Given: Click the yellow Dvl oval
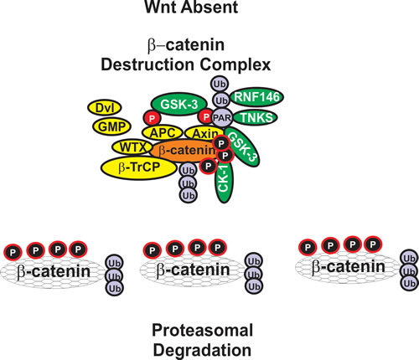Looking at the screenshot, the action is (x=105, y=108).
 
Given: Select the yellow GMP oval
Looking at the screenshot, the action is (x=111, y=126).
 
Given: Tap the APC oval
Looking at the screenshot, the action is (x=163, y=132).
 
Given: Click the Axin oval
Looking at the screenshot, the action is (x=204, y=133).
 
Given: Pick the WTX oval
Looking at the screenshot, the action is (x=133, y=147).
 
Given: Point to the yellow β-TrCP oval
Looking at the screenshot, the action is (x=139, y=167).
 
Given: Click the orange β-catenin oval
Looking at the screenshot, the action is (x=184, y=151).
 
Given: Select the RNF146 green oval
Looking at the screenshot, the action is (x=256, y=97).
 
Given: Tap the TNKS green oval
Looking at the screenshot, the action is (x=255, y=117).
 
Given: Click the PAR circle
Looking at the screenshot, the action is (x=222, y=117).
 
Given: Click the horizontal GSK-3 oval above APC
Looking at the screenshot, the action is (x=179, y=104).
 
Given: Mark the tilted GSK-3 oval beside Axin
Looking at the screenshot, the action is (x=242, y=147).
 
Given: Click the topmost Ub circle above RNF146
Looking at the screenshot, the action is (x=220, y=84).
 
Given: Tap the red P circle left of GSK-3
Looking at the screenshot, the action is (x=152, y=118).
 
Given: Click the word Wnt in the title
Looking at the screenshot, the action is (x=158, y=7).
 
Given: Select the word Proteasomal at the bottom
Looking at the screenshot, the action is (x=202, y=330).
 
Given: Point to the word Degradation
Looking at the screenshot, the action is (x=202, y=350).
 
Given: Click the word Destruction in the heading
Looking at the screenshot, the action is (x=147, y=64).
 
